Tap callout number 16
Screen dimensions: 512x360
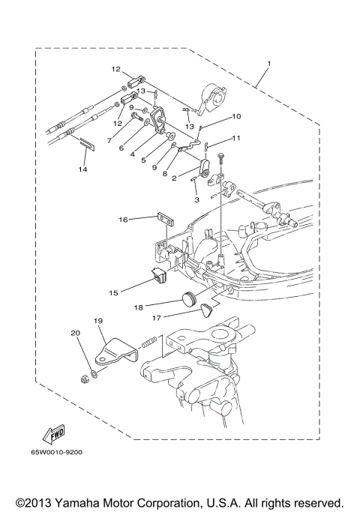click(122, 220)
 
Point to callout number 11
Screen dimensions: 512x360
click(235, 138)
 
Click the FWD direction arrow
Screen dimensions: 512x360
click(53, 436)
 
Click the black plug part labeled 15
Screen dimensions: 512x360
click(158, 277)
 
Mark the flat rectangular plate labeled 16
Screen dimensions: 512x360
click(163, 219)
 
